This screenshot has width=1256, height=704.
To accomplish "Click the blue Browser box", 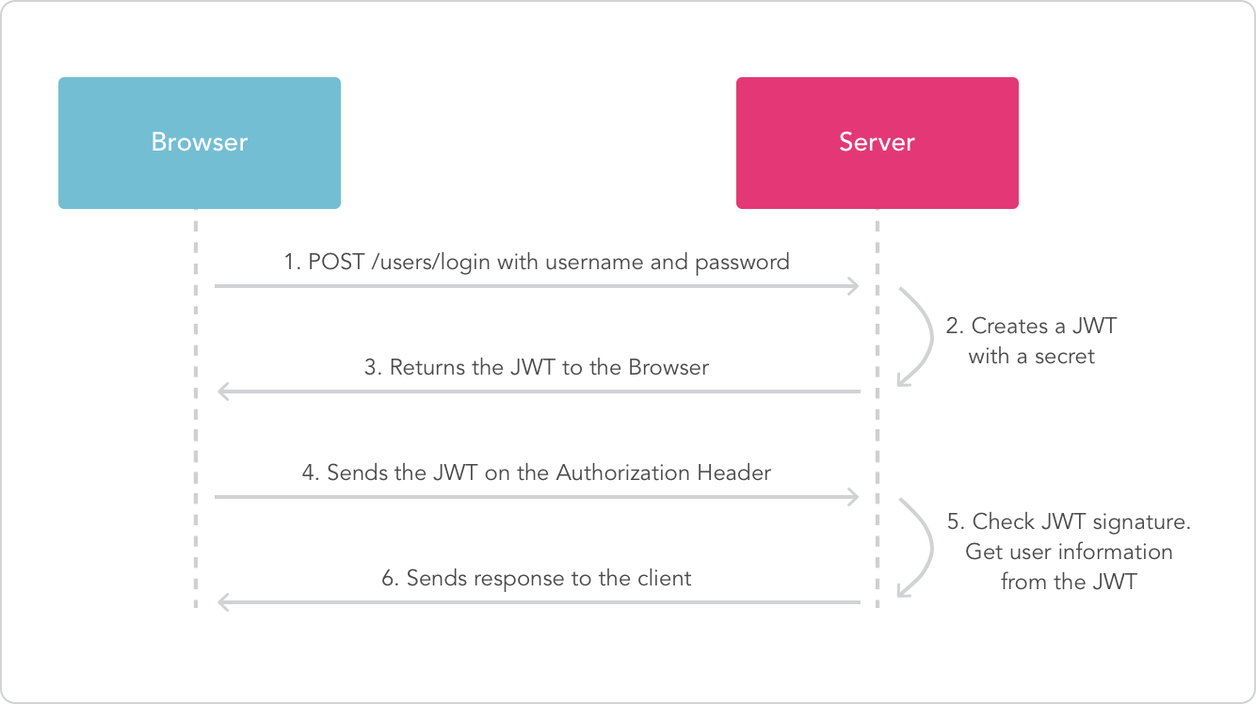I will click(199, 142).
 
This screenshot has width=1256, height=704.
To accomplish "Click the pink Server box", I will click(877, 142).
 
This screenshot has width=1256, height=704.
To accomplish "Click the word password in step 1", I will click(742, 262).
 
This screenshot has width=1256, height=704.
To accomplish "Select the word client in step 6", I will click(664, 578).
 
